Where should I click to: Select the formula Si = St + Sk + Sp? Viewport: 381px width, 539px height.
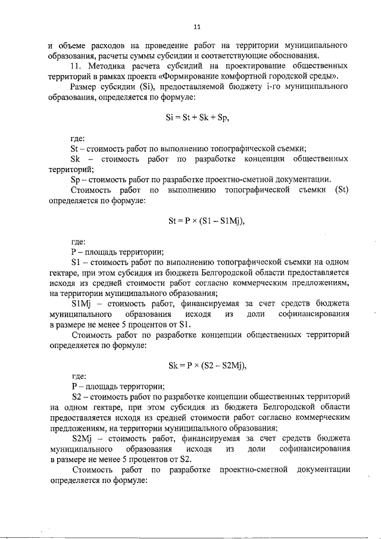(x=198, y=118)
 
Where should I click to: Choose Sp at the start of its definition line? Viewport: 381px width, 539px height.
(x=76, y=179)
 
